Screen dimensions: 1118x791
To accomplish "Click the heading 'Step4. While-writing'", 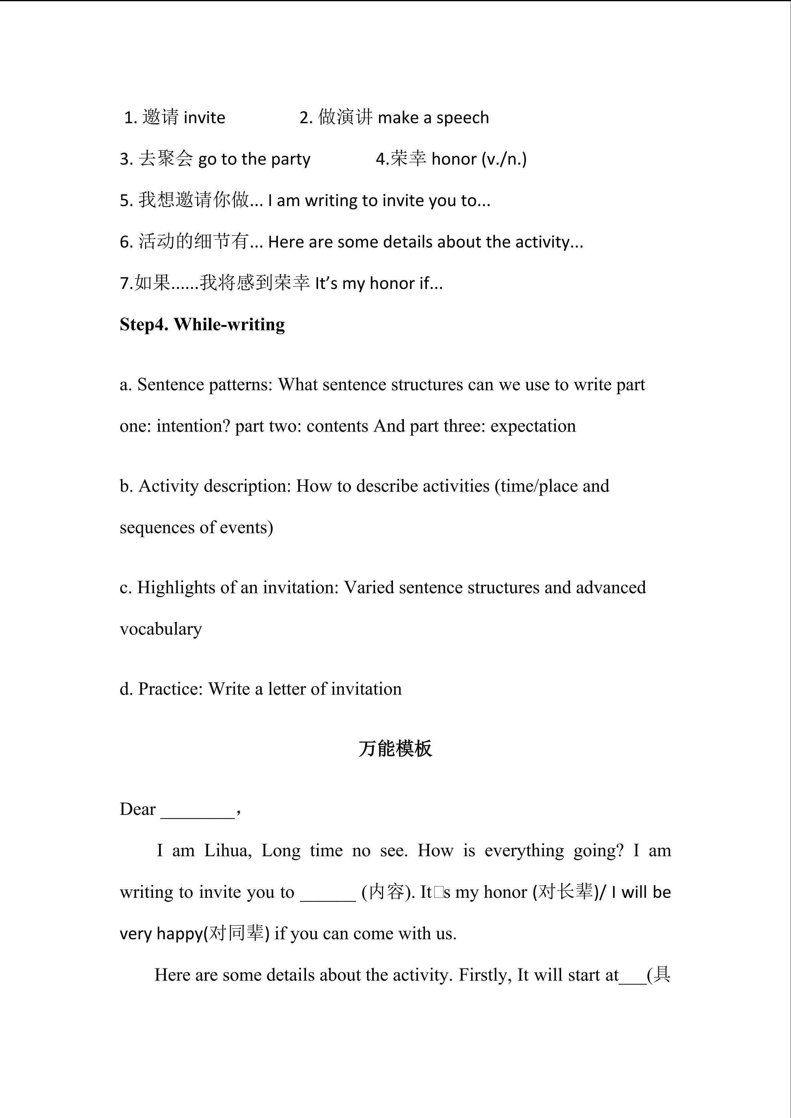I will pyautogui.click(x=202, y=324).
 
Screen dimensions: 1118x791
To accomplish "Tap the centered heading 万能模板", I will pyautogui.click(x=395, y=748).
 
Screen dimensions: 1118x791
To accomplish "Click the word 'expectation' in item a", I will pyautogui.click(x=533, y=426).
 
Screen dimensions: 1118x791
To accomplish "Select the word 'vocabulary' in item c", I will pyautogui.click(x=161, y=629).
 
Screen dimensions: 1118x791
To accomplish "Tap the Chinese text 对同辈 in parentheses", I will pyautogui.click(x=236, y=933).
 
